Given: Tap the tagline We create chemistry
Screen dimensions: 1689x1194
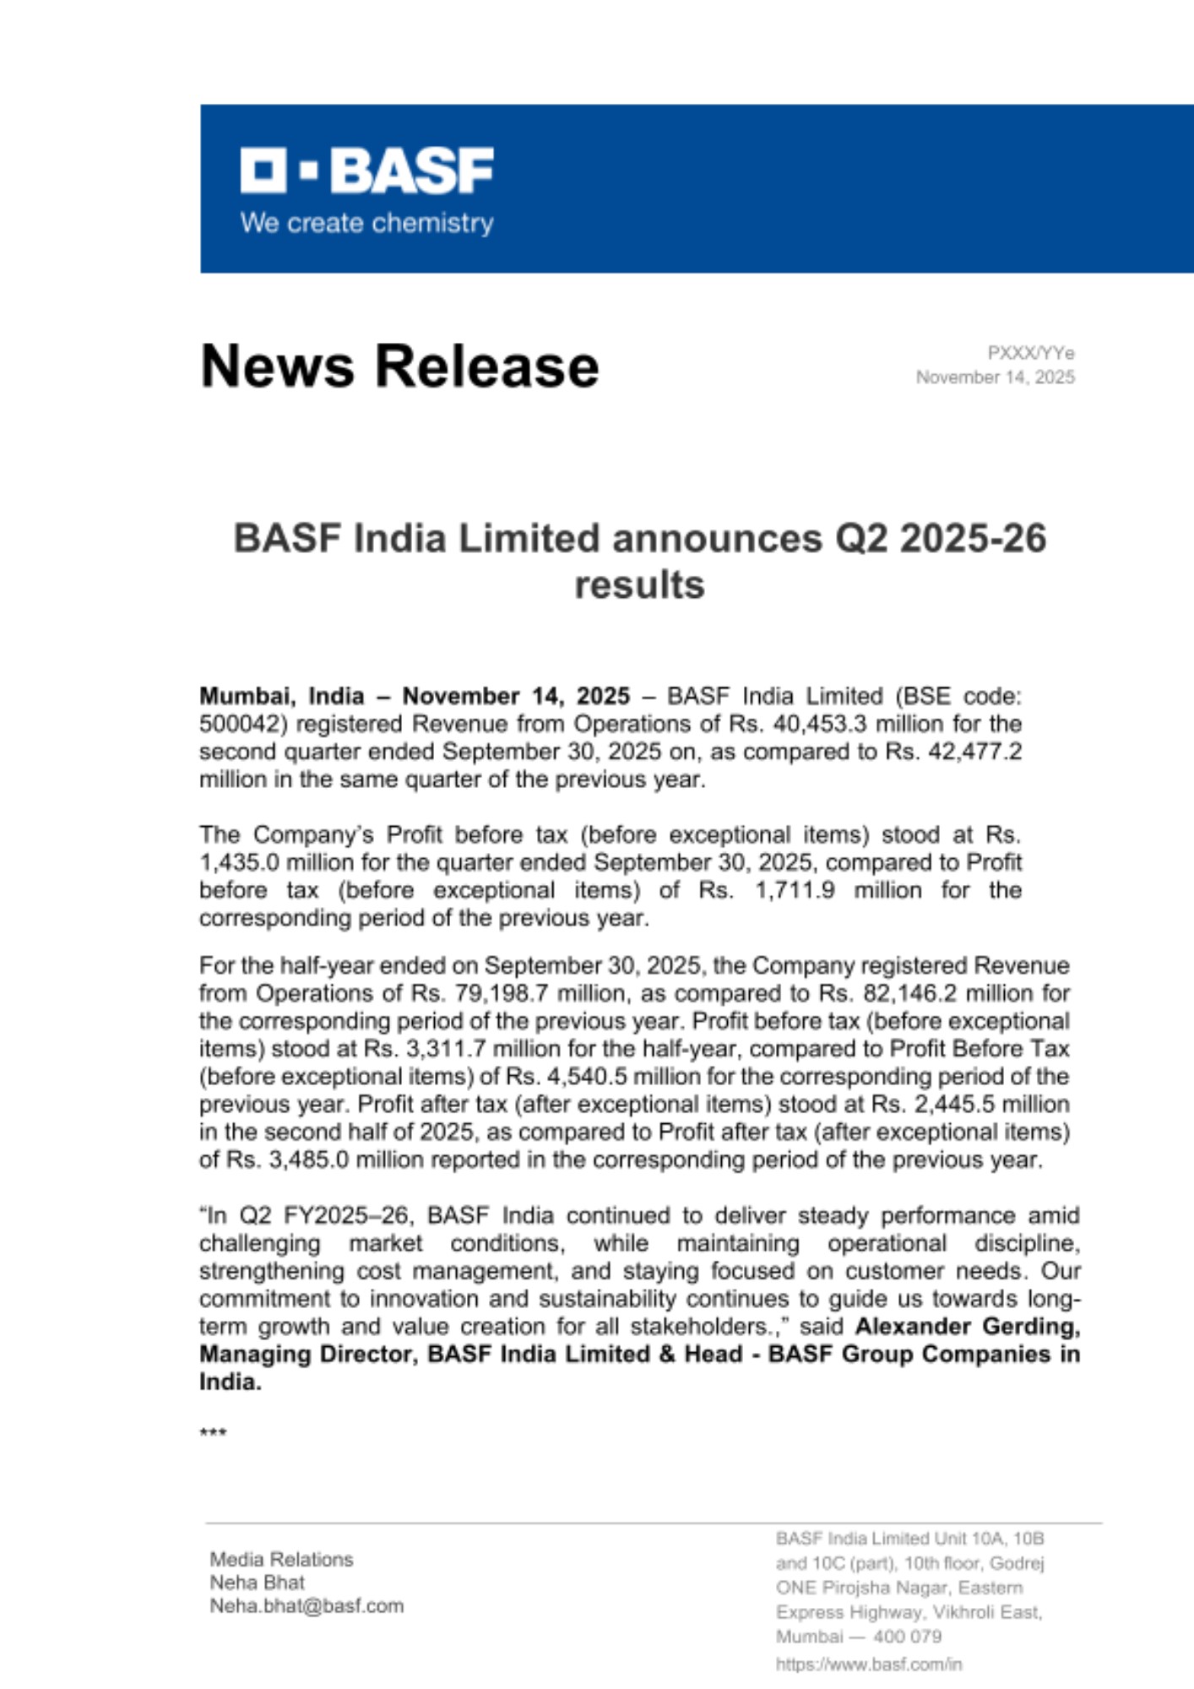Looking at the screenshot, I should (x=366, y=223).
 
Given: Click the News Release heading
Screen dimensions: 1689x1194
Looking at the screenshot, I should (x=399, y=366).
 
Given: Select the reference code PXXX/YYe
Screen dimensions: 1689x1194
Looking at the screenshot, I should (x=1030, y=353).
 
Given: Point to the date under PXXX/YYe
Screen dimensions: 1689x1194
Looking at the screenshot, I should (x=996, y=377).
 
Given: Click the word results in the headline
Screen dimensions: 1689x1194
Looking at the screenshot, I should (x=639, y=584).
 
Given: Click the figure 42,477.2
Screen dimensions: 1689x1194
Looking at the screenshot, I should (x=971, y=752).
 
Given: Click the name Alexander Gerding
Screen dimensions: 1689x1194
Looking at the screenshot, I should (x=968, y=1327).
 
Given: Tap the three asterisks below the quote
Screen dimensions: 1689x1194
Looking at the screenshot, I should (x=213, y=1433).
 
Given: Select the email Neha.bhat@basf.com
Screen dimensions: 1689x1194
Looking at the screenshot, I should (x=307, y=1606).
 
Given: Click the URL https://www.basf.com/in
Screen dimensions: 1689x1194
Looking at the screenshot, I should (x=868, y=1665).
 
